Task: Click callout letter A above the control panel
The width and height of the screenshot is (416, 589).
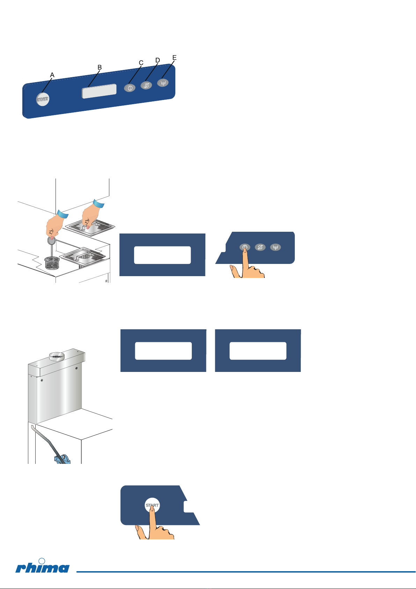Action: [52, 75]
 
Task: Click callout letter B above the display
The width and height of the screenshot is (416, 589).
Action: [100, 67]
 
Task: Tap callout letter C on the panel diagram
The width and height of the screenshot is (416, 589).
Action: [141, 63]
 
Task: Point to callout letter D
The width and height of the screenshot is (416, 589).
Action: [158, 60]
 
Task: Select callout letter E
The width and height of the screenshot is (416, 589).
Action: [174, 58]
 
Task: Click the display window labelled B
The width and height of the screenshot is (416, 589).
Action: [99, 91]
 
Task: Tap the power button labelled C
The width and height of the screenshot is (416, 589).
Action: [130, 88]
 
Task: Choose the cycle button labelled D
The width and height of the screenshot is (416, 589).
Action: [146, 85]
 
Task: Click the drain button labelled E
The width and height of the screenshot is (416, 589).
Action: [163, 83]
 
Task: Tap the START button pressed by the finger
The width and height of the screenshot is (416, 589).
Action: [152, 505]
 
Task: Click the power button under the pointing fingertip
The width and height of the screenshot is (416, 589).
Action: [245, 247]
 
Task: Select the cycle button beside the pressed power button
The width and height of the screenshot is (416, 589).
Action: [260, 247]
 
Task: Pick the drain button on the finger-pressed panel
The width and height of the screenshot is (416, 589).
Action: [275, 247]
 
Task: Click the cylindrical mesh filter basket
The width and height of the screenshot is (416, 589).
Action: [52, 263]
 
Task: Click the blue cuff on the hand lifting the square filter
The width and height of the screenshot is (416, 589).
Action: [99, 203]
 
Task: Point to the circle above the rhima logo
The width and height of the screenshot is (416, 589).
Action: [42, 561]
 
